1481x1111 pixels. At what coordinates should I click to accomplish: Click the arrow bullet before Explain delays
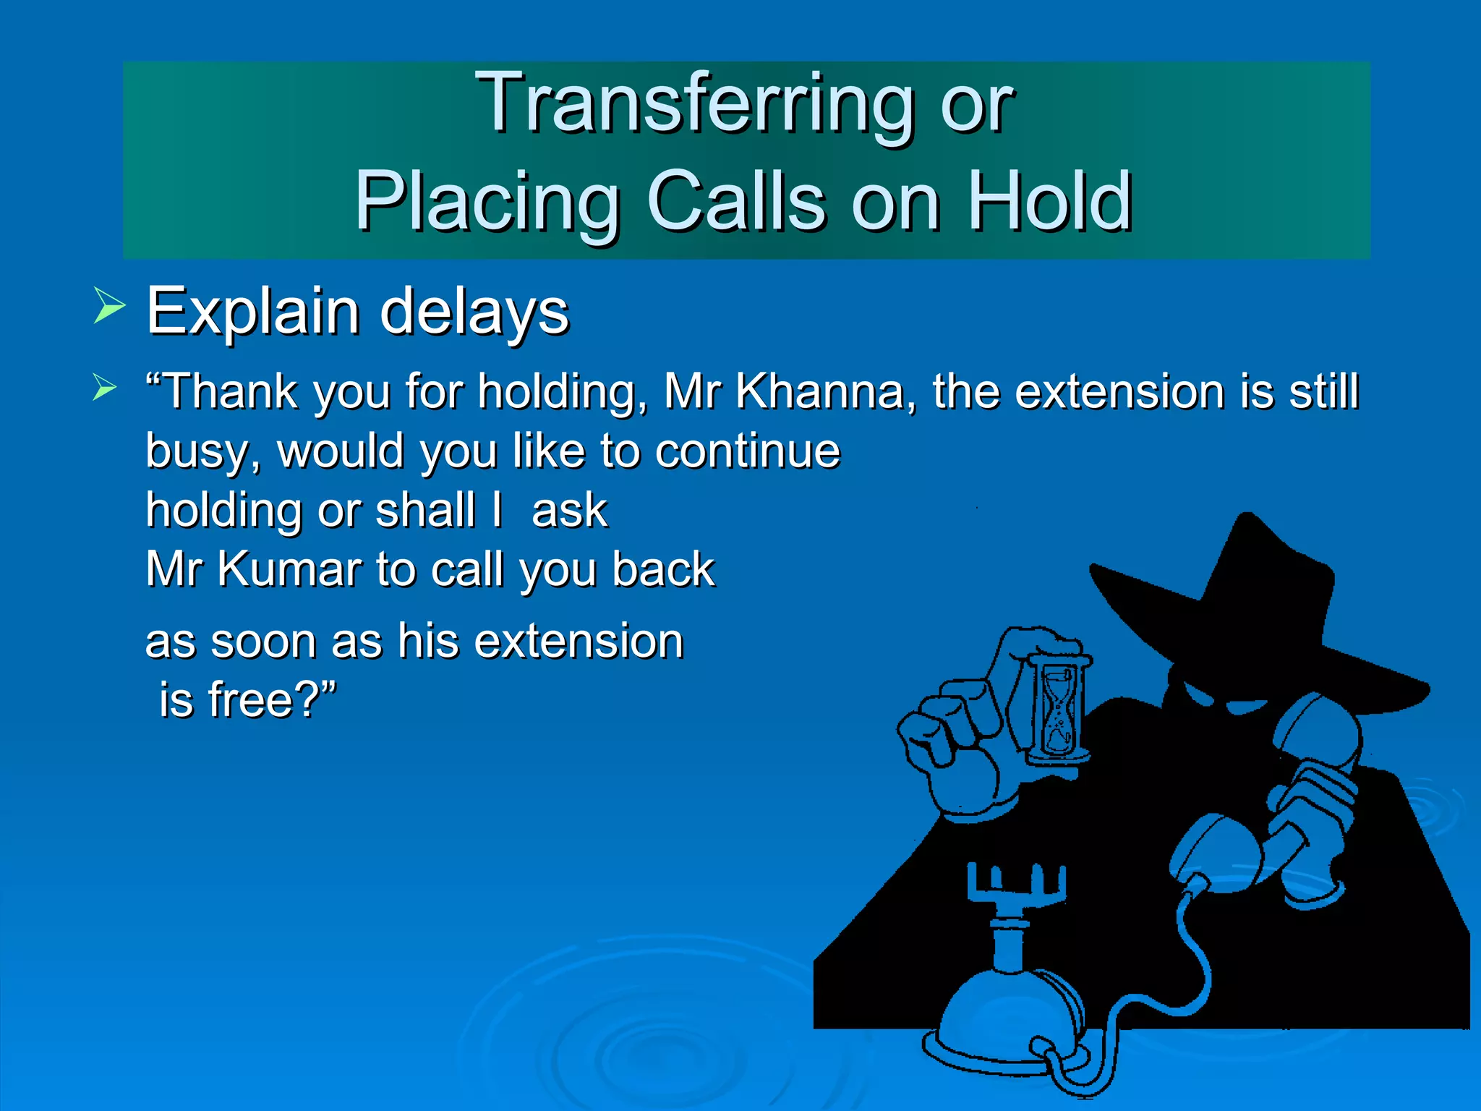click(x=109, y=305)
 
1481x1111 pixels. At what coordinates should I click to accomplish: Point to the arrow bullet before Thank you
click(x=105, y=388)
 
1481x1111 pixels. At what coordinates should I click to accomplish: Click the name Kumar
click(x=290, y=570)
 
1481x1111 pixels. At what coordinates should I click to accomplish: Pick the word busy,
click(x=203, y=453)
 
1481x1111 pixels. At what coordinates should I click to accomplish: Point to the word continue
click(x=748, y=451)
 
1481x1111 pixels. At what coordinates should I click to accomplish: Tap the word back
click(x=663, y=569)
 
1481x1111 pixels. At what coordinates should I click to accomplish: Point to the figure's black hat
click(x=1251, y=600)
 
